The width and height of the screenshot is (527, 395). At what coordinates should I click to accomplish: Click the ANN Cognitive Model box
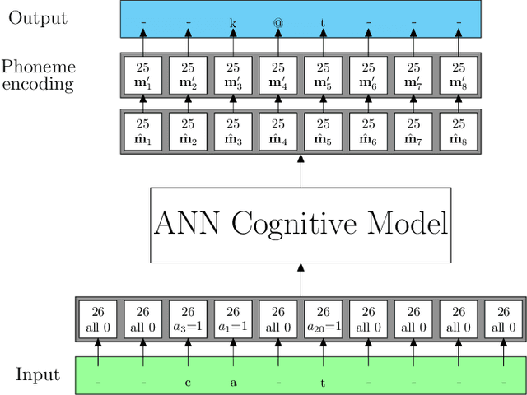(301, 225)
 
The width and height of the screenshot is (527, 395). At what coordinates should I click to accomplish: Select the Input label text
(38, 375)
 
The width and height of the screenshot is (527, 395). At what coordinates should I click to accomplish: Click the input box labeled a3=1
(188, 319)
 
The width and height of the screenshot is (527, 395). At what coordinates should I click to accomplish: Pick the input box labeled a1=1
(233, 319)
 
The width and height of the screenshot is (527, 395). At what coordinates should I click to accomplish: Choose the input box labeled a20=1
(323, 319)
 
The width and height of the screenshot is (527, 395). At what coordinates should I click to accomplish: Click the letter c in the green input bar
(188, 383)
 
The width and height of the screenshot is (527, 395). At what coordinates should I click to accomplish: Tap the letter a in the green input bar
(233, 383)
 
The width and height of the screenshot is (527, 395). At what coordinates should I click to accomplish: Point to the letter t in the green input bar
(323, 383)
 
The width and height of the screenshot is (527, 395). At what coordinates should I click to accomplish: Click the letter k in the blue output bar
(233, 23)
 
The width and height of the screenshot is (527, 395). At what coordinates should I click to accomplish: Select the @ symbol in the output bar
(278, 23)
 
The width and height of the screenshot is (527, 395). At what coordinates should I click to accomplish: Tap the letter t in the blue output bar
(323, 23)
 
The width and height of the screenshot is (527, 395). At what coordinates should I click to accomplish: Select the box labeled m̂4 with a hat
(278, 132)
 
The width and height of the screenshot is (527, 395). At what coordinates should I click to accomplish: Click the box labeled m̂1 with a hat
(142, 132)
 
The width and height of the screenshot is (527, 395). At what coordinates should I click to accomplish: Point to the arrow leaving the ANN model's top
(301, 171)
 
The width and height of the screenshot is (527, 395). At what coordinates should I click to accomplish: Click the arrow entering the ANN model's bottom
(301, 280)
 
